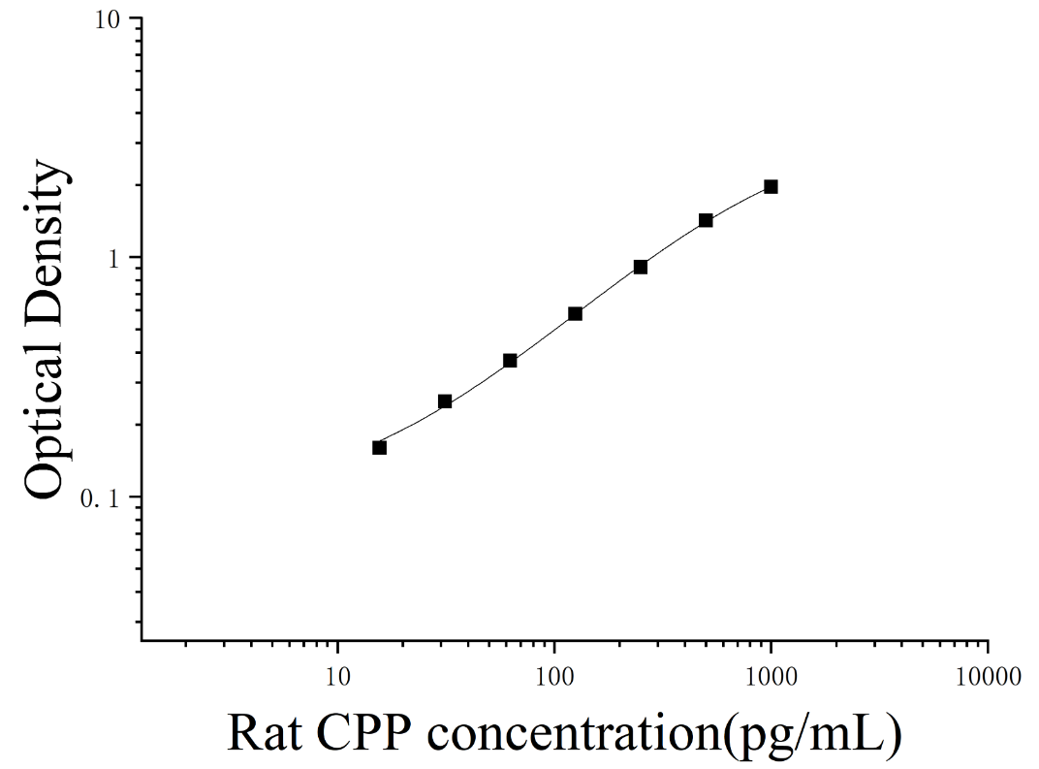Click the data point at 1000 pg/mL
[771, 187]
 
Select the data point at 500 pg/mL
[706, 220]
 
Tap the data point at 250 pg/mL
[641, 267]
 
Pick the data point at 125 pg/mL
[575, 313]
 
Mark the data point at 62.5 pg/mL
[510, 361]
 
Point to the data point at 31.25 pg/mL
[445, 401]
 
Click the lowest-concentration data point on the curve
[379, 447]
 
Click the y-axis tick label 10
[108, 20]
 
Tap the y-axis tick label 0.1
[100, 498]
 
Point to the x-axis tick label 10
[338, 677]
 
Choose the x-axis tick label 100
[554, 677]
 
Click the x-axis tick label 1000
[771, 677]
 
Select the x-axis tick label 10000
[988, 677]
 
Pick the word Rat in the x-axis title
[265, 733]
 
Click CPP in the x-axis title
[362, 733]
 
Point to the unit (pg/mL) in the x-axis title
[813, 737]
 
